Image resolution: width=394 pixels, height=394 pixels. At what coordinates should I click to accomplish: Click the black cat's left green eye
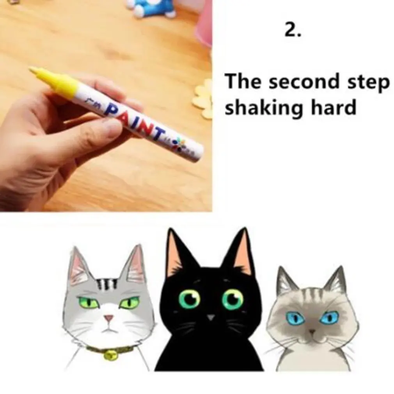[x=189, y=299]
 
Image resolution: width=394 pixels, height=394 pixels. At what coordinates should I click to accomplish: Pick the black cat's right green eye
[x=232, y=299]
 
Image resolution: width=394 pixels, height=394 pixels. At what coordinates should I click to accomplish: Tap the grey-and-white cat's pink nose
[x=109, y=318]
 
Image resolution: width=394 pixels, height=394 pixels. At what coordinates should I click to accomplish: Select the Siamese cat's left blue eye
[x=295, y=318]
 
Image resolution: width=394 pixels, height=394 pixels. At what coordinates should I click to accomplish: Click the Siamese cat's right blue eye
[x=329, y=317]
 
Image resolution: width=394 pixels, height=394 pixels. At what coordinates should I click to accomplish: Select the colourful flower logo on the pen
[x=180, y=143]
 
